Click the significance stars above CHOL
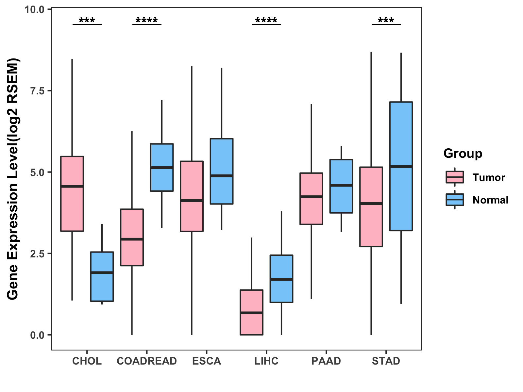point(87,20)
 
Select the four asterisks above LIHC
point(266,20)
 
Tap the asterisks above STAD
point(386,20)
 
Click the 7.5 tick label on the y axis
point(37,91)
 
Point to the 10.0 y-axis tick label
point(35,9)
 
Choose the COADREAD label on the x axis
point(147,361)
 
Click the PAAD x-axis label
point(326,361)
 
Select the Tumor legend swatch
point(455,177)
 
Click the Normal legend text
point(490,200)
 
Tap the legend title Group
point(463,154)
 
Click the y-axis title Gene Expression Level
point(13,179)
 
